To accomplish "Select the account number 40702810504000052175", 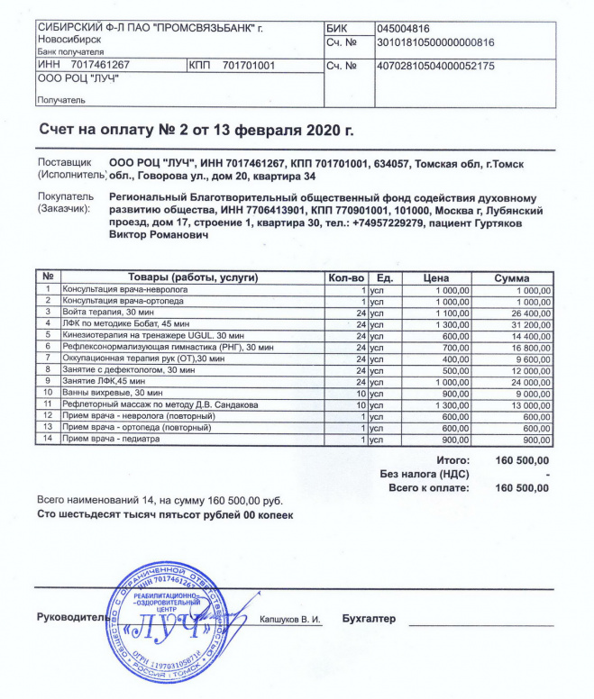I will pos(436,66).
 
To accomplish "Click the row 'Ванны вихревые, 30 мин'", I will pos(113,393).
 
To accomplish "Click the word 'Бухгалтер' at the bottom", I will pos(370,620).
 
